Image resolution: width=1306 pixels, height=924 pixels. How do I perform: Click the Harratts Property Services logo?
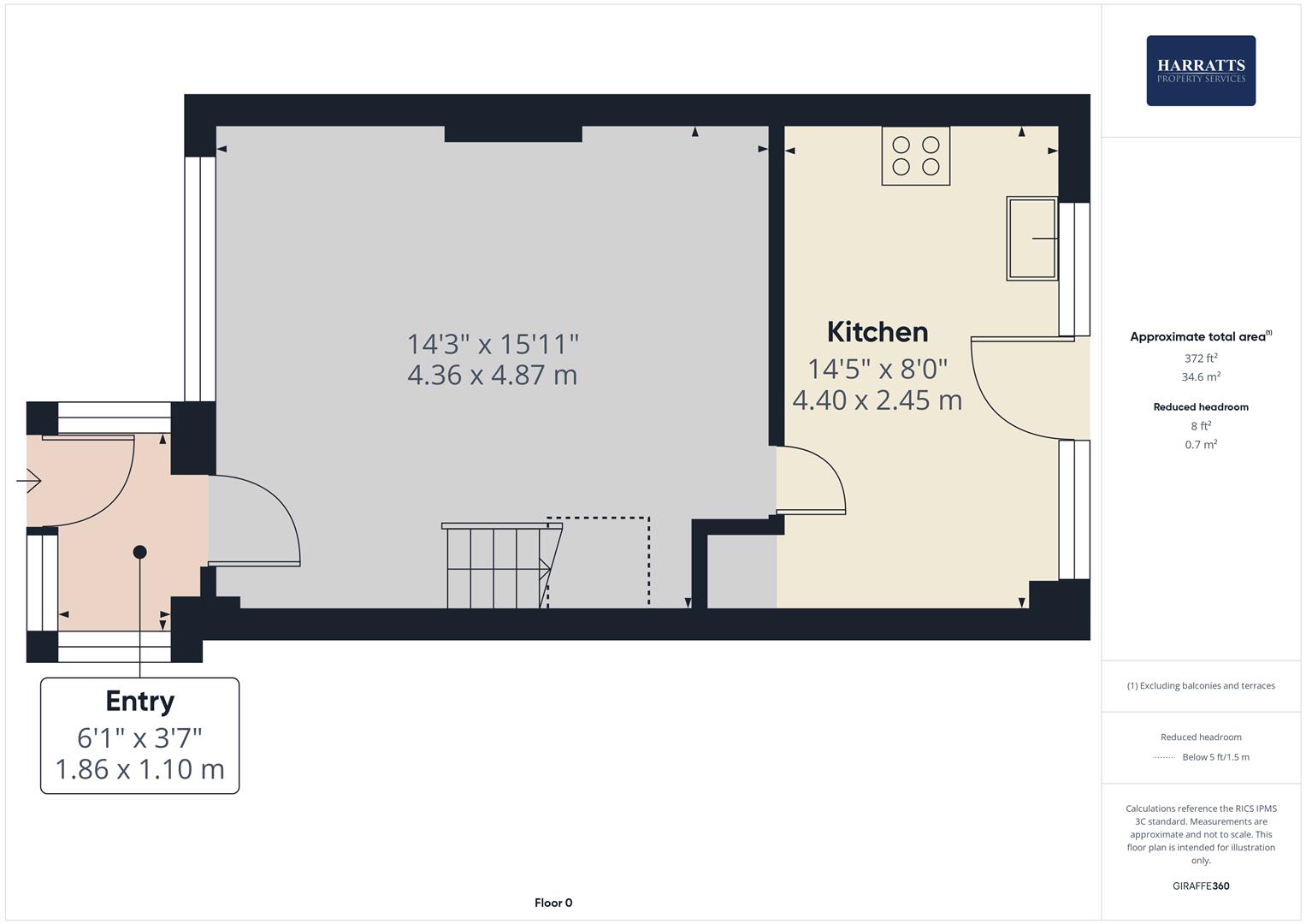[x=1200, y=71]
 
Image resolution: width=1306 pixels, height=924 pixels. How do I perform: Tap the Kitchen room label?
[x=878, y=332]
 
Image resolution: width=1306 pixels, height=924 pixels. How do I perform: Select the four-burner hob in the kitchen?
[x=915, y=156]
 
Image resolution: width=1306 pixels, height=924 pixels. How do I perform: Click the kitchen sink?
[x=1031, y=239]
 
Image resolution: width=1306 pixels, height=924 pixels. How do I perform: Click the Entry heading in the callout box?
[x=140, y=702]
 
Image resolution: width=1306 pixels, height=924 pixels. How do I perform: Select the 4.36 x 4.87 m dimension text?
[x=493, y=375]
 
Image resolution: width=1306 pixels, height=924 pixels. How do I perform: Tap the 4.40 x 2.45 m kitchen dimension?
[x=878, y=400]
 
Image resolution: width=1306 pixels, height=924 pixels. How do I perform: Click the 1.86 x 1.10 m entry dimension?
[x=140, y=768]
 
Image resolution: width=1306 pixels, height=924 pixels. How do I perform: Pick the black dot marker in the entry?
[x=140, y=552]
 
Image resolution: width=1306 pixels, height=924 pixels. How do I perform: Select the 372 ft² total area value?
[x=1201, y=358]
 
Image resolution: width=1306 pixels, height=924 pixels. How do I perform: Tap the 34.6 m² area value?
[x=1201, y=376]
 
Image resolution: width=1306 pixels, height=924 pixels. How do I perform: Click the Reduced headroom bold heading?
[x=1201, y=407]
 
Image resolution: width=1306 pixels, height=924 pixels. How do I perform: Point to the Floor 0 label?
[x=553, y=903]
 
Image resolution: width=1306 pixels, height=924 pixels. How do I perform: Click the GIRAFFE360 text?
[x=1201, y=886]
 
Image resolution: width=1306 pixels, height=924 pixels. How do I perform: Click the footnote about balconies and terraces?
[x=1201, y=685]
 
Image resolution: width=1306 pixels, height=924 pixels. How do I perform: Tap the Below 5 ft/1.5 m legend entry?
[x=1214, y=757]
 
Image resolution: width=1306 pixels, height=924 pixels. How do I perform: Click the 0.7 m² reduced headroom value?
[x=1201, y=445]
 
